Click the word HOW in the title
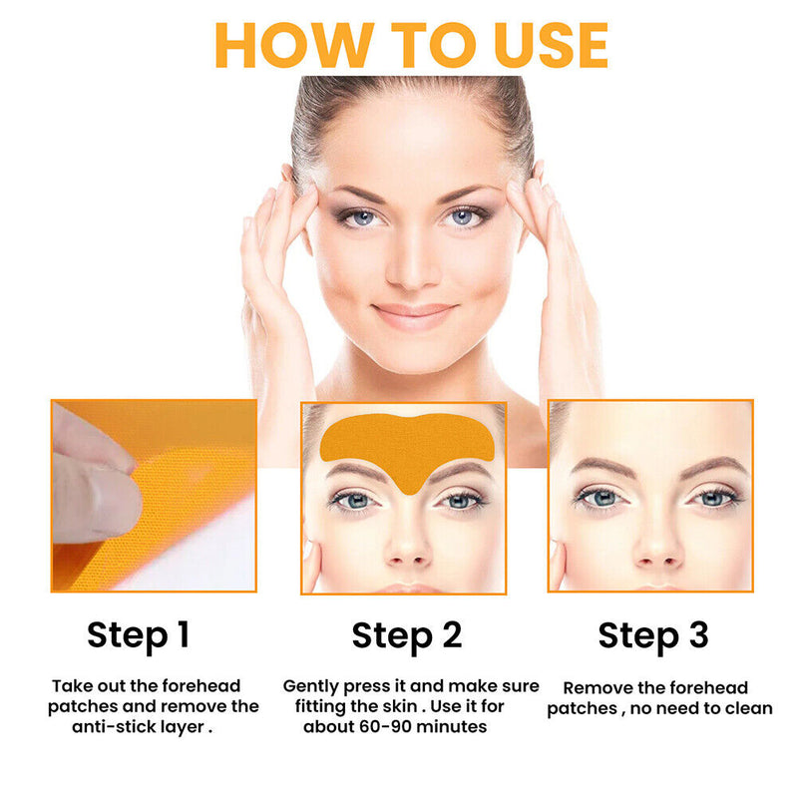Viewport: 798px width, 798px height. [288, 44]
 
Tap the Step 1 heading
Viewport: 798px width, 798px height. [138, 634]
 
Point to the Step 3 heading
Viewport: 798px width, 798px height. [653, 634]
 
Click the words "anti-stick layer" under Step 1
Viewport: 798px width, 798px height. [141, 727]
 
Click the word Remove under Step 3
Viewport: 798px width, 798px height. [598, 687]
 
